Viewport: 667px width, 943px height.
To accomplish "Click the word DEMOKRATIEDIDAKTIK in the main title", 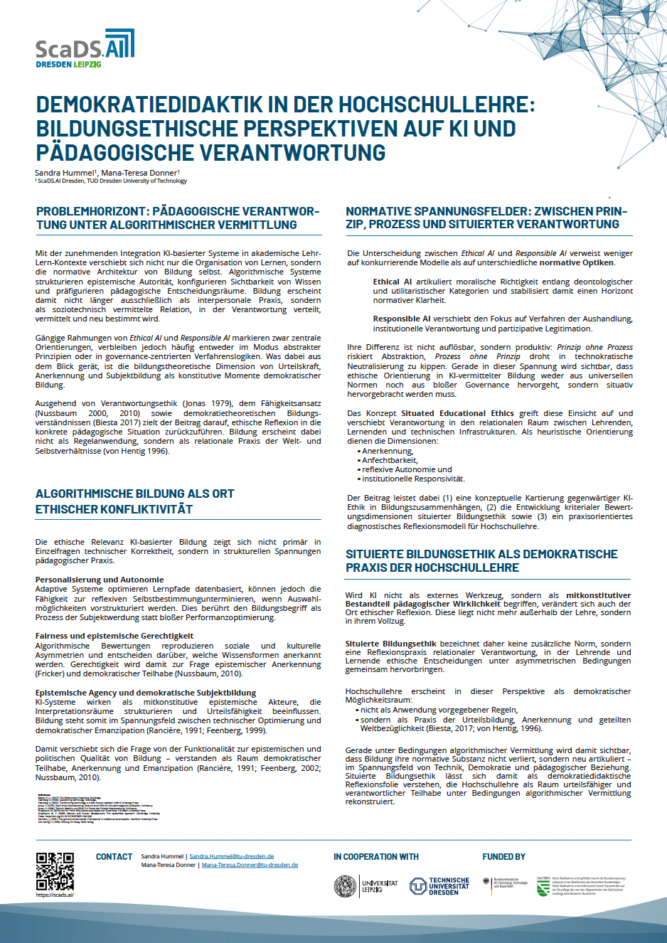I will [x=150, y=105].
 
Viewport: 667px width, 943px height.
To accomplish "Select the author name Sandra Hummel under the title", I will [x=64, y=173].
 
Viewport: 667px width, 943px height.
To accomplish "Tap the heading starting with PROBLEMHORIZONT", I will [x=178, y=218].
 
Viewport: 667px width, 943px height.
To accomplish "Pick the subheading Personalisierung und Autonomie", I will [x=100, y=580].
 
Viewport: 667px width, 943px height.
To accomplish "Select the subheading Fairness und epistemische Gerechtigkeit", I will [x=114, y=636].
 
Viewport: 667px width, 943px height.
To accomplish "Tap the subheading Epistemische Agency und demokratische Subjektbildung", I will [x=146, y=693].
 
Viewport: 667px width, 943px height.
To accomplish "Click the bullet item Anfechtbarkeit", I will [x=390, y=460].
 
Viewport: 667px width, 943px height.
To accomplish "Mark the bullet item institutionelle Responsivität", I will [x=413, y=479].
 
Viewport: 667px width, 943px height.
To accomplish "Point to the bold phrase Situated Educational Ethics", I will [x=457, y=413].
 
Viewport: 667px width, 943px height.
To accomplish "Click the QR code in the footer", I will [x=55, y=871].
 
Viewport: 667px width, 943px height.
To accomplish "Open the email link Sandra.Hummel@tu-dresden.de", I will [x=232, y=857].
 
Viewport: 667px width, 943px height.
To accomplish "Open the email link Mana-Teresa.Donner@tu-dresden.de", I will [x=250, y=865].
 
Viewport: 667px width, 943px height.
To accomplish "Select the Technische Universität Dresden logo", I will [x=439, y=886].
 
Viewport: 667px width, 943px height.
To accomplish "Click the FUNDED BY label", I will [x=503, y=857].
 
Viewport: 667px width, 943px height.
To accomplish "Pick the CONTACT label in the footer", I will [x=114, y=857].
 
